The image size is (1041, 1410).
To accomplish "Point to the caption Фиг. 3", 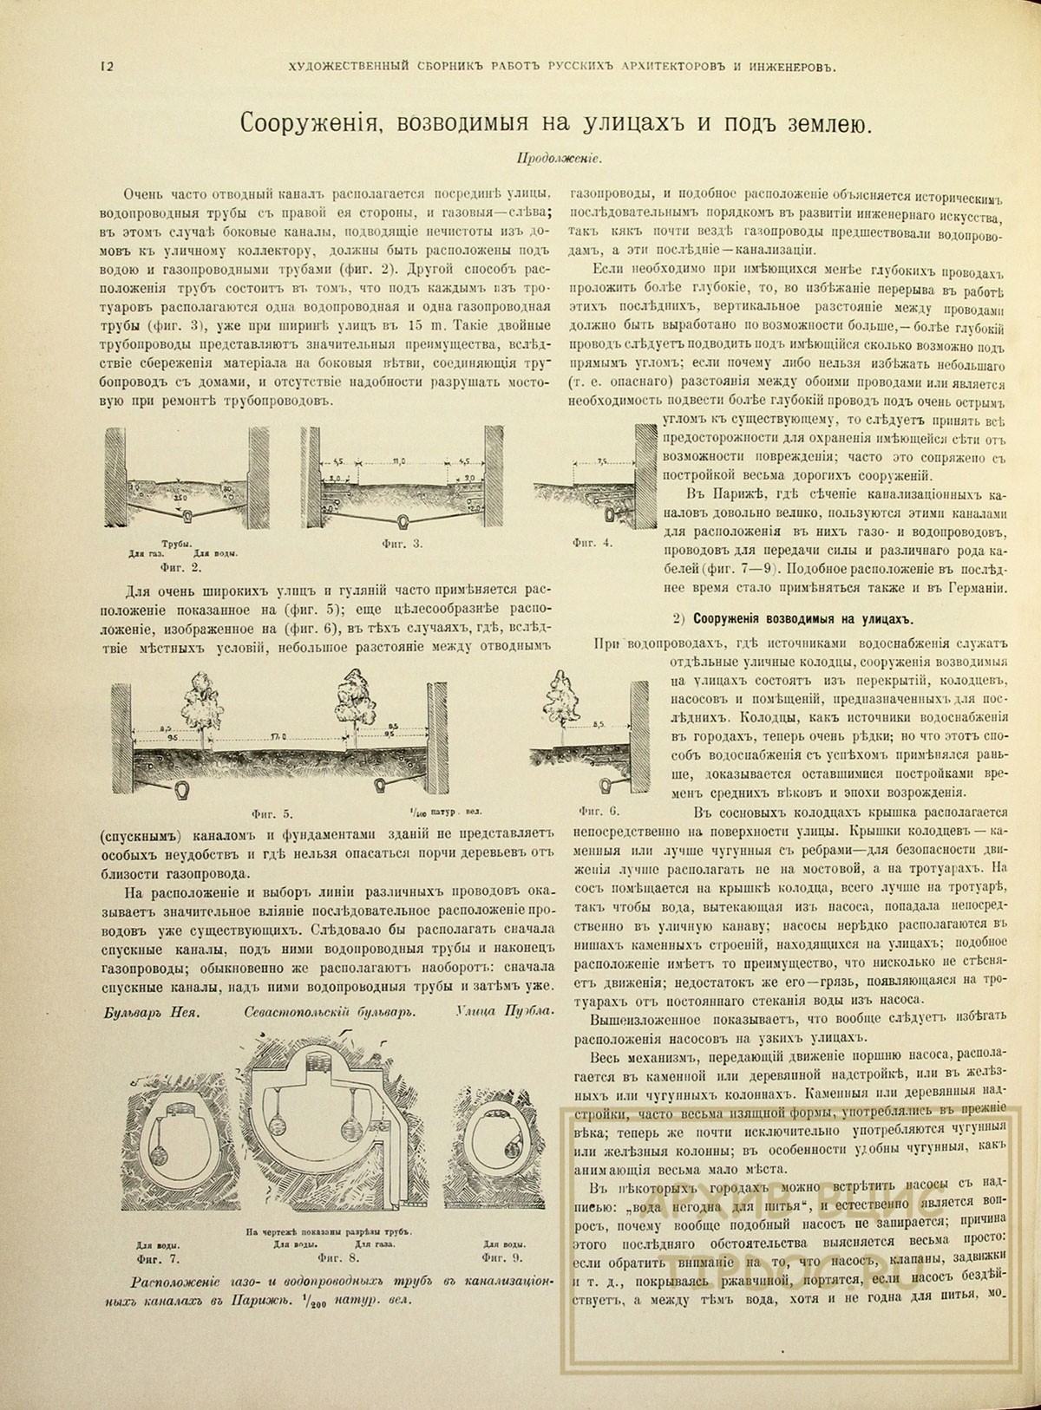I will click(x=403, y=544).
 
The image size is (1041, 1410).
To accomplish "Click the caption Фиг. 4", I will click(x=593, y=544).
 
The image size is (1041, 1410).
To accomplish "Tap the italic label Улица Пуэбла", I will click(x=503, y=1012).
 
